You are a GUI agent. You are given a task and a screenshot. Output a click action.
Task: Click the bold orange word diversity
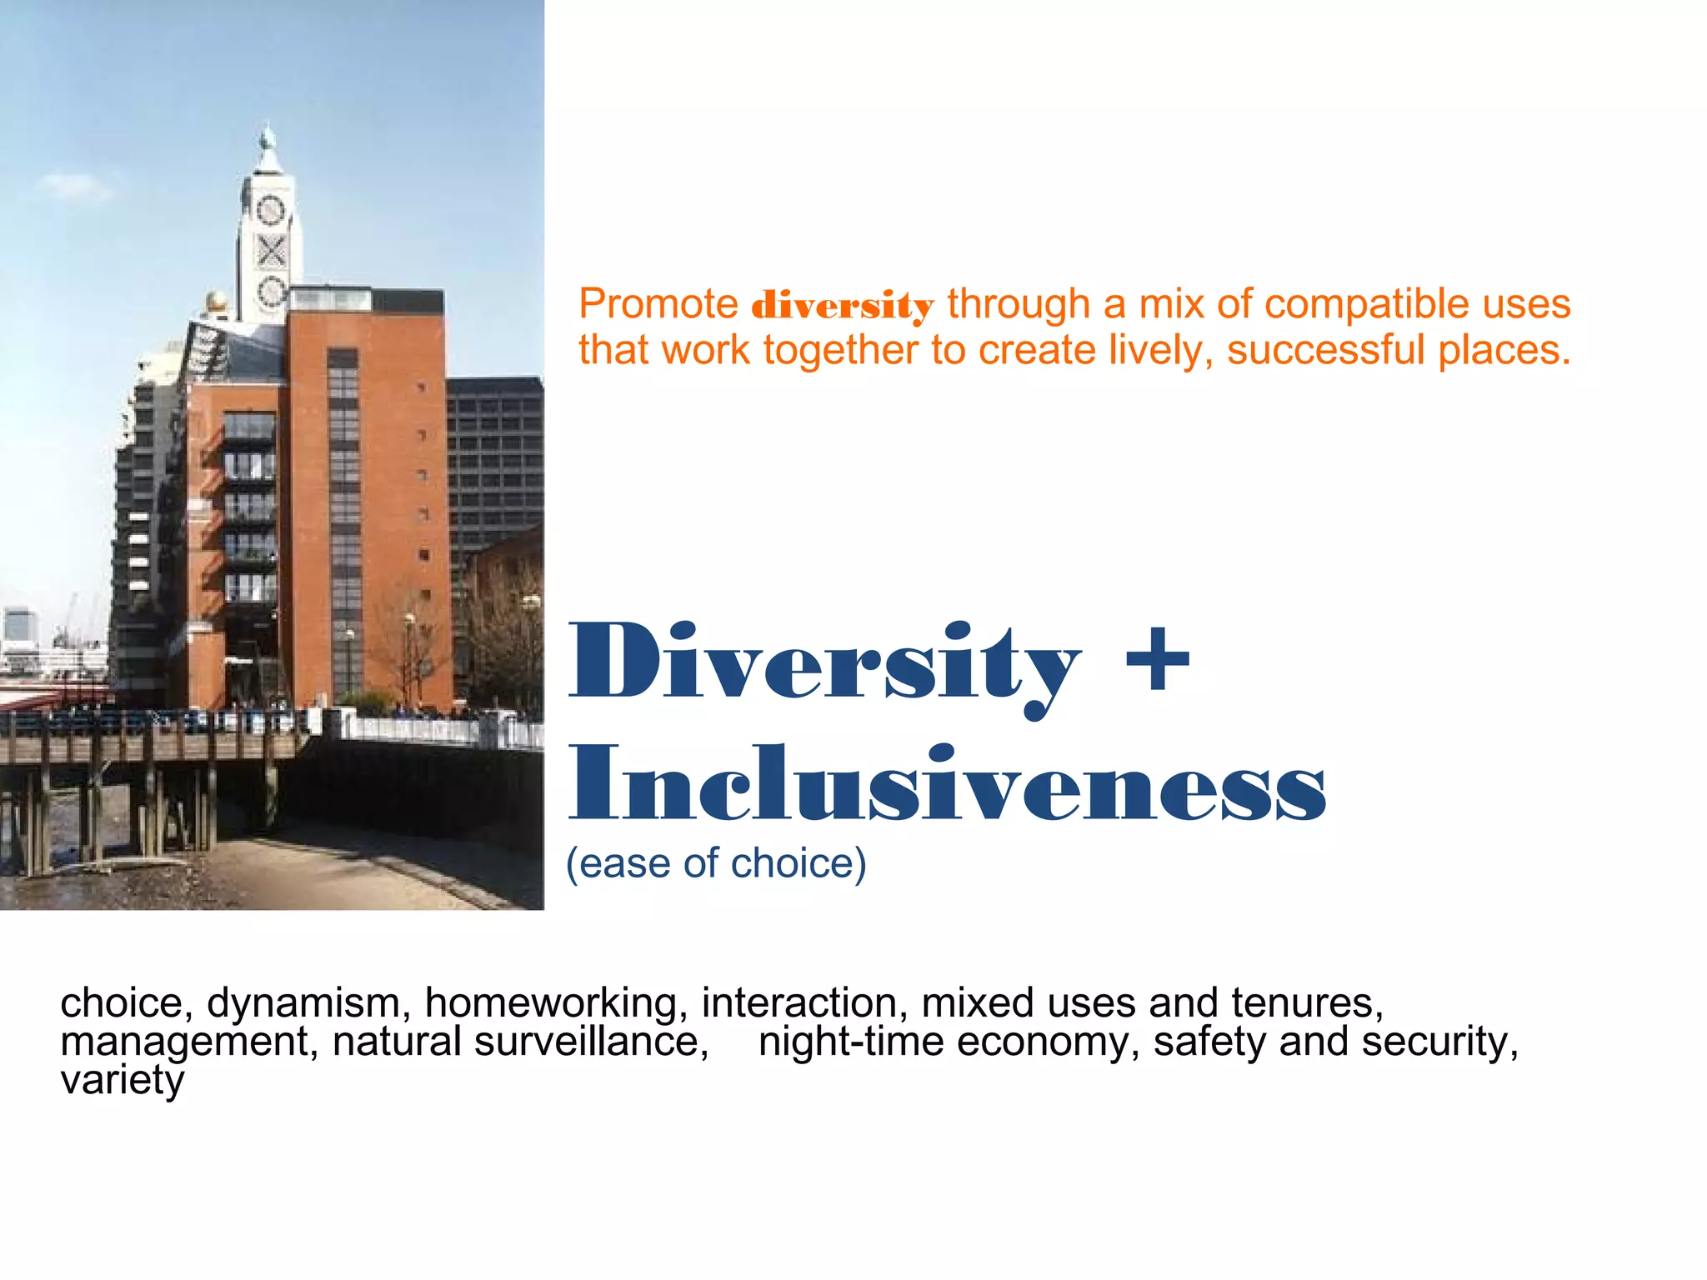842,306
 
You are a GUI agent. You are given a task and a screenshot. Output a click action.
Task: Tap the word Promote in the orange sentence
658,304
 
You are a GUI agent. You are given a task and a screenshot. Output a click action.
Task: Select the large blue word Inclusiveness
948,785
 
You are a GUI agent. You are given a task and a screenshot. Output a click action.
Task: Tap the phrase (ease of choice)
716,863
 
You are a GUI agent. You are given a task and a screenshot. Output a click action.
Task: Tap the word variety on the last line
123,1081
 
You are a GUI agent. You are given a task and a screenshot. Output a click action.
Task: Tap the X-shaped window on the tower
271,250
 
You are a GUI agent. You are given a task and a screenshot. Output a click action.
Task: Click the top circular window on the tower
270,209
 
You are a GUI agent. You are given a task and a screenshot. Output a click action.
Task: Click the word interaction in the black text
804,1002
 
